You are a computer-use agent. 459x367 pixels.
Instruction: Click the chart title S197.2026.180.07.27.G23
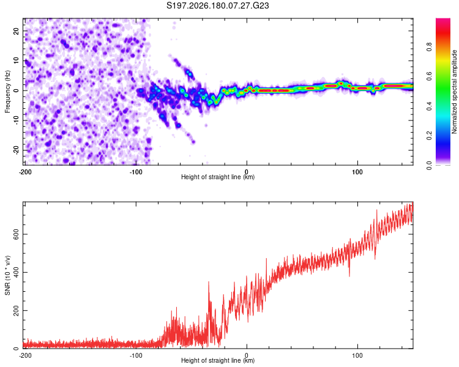[217, 6]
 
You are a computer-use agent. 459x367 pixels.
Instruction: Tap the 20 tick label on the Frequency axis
[16, 31]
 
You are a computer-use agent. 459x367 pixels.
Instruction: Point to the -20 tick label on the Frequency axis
[16, 150]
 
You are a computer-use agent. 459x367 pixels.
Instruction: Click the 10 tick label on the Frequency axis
[16, 61]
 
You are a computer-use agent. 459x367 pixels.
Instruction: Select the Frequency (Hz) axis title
[7, 92]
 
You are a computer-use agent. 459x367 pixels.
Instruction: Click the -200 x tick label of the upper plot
[25, 172]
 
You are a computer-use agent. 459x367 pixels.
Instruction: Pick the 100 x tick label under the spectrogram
[357, 172]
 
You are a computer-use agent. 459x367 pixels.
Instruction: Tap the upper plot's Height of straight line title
[218, 177]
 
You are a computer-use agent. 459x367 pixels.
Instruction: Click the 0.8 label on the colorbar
[429, 47]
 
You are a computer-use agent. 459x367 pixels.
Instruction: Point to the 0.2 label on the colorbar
[429, 136]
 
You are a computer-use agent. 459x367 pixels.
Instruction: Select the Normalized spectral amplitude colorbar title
[453, 92]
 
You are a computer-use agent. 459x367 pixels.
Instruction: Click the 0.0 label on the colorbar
[429, 165]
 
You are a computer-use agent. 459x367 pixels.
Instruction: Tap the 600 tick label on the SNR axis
[16, 234]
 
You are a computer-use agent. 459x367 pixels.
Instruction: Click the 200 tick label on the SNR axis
[16, 310]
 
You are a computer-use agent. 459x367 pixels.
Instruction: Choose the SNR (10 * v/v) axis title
[7, 275]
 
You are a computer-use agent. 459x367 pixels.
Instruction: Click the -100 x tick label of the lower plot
[136, 355]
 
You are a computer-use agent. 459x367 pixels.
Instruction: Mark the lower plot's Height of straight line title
[218, 360]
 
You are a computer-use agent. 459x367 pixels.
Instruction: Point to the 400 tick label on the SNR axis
[16, 272]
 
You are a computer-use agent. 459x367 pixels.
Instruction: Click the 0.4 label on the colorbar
[429, 106]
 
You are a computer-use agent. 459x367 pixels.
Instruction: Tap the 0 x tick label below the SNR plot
[247, 355]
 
